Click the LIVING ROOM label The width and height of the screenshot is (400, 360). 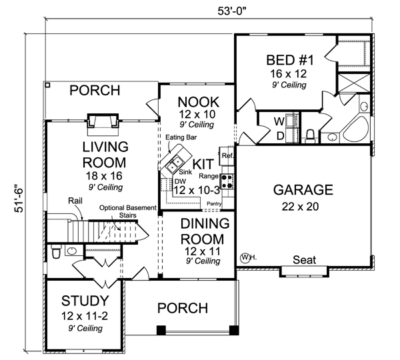(x=104, y=154)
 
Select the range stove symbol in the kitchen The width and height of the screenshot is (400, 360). (x=227, y=179)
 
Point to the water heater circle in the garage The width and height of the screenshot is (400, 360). (x=247, y=257)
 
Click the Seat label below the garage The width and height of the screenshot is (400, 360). (x=305, y=260)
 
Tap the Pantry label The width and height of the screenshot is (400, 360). (x=214, y=203)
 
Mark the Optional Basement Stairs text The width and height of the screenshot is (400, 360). (x=129, y=211)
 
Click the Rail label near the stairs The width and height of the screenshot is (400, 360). (x=75, y=200)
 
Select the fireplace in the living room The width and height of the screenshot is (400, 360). (x=103, y=120)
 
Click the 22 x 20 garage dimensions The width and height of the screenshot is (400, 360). (x=304, y=206)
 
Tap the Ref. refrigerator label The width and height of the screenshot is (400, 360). (x=227, y=156)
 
